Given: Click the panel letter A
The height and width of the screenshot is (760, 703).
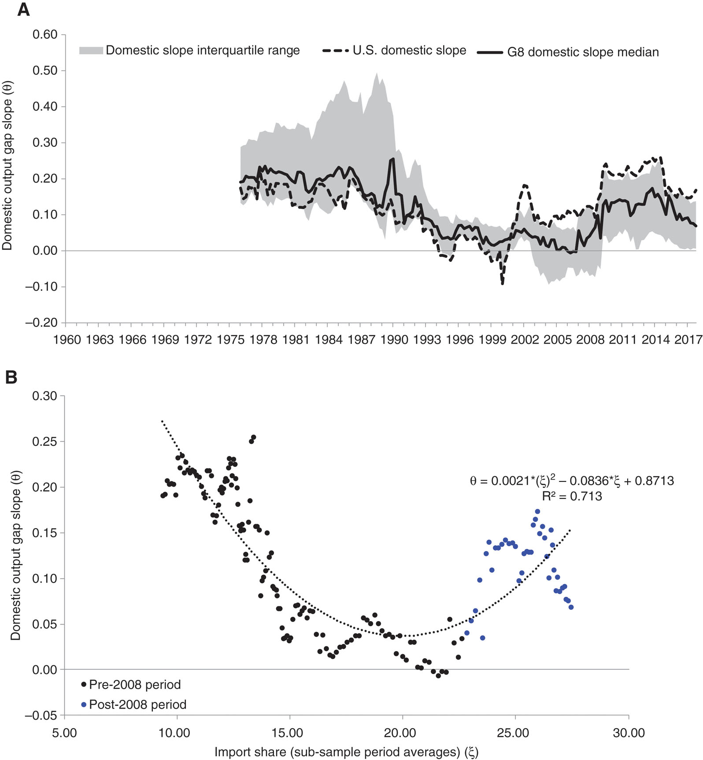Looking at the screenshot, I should click(23, 9).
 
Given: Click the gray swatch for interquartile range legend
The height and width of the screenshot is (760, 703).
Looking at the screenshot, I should click(91, 51).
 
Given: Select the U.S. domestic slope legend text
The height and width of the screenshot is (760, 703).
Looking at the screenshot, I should click(409, 50).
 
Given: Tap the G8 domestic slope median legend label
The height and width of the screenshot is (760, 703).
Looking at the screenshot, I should click(583, 52).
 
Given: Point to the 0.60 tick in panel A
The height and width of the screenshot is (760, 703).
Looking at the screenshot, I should click(45, 34).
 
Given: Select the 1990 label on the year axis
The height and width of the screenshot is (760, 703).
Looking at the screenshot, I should click(394, 340).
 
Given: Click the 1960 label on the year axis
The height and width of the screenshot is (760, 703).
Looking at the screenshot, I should click(67, 340).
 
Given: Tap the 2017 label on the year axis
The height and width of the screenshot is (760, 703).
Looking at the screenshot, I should click(687, 340).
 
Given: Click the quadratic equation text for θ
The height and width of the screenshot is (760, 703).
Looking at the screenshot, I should click(571, 481).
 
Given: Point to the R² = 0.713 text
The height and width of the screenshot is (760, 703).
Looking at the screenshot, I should click(572, 496).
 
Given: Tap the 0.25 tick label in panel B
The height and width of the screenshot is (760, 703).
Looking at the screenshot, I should click(45, 441).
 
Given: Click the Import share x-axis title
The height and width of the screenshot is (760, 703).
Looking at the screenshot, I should click(346, 752).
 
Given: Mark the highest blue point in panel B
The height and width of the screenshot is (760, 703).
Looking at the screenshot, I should click(537, 511).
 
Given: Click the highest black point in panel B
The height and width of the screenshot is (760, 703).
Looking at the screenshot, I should click(253, 437).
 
